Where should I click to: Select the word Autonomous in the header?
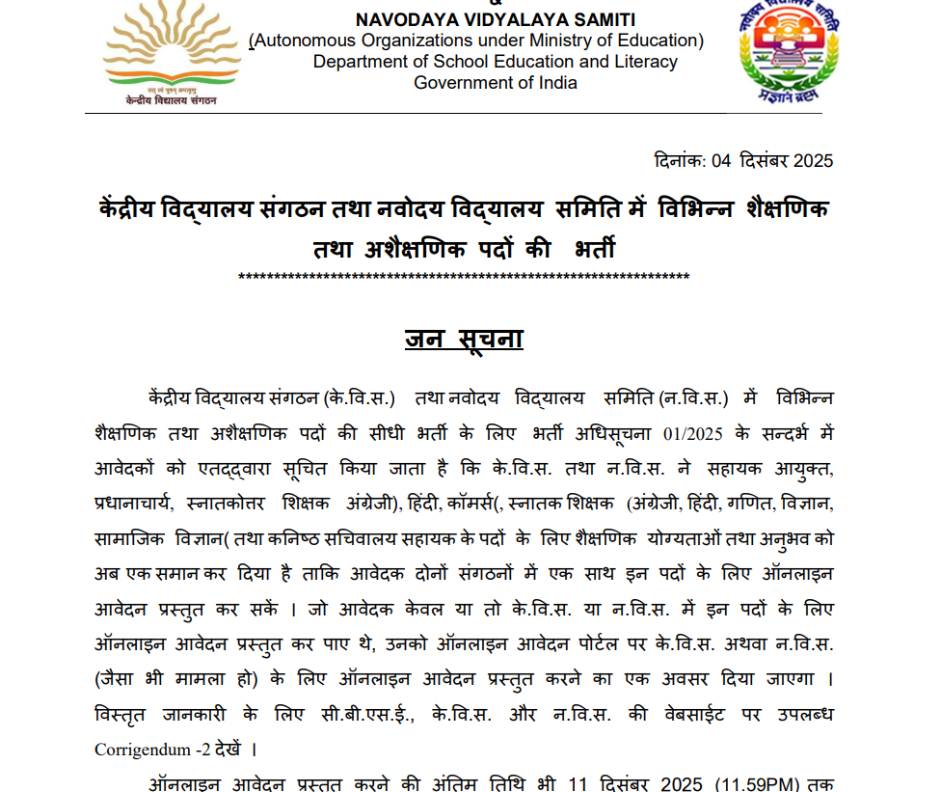tap(300, 41)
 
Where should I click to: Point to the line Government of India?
tap(496, 83)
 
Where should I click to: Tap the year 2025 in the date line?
tap(812, 161)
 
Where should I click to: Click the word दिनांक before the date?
tap(680, 161)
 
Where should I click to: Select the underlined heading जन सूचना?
tap(464, 339)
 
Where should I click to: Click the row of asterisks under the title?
tap(464, 279)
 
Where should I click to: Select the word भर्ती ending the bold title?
tap(594, 250)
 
